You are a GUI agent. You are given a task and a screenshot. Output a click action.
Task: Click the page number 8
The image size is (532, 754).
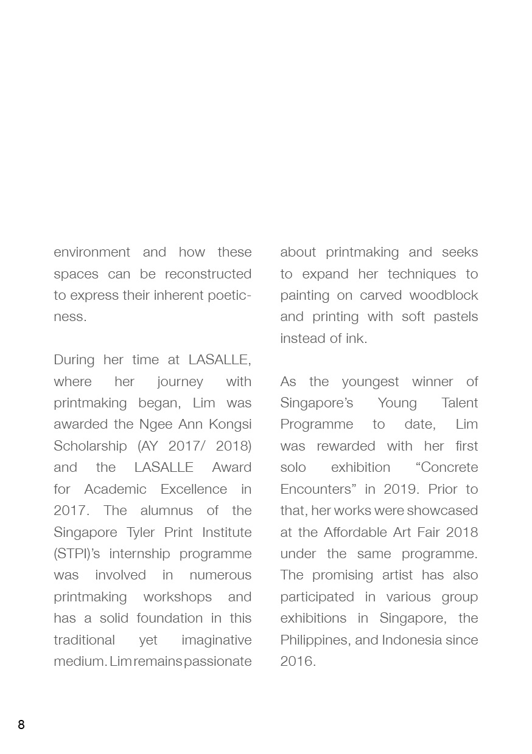point(21,724)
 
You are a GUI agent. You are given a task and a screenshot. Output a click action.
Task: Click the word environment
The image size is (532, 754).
point(92,252)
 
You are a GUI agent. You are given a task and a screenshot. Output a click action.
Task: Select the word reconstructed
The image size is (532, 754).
point(208,274)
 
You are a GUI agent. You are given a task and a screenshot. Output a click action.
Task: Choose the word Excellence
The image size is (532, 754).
point(194,489)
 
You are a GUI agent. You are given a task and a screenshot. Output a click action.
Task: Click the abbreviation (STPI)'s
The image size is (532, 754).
point(79,553)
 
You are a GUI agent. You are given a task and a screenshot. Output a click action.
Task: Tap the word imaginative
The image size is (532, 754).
point(216,640)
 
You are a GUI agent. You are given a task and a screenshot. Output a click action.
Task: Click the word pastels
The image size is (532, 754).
point(455,317)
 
